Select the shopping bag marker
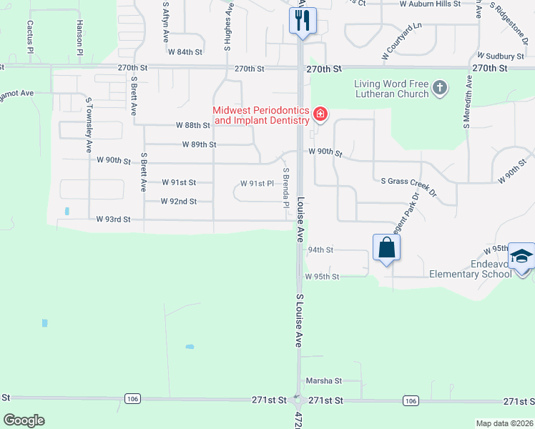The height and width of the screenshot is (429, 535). click(386, 248)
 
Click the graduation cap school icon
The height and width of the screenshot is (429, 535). click(522, 257)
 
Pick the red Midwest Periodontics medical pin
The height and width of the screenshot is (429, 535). click(320, 114)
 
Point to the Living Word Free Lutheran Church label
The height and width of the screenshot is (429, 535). click(391, 89)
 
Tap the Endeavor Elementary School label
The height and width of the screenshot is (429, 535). click(470, 269)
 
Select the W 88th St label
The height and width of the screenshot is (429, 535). click(193, 125)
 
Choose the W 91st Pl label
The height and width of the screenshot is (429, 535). click(257, 184)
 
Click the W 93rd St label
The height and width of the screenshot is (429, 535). click(114, 220)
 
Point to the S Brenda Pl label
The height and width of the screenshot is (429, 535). click(285, 188)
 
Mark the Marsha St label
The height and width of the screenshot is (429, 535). click(324, 381)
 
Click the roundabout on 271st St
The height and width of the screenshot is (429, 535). click(299, 401)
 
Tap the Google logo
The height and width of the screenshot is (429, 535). click(24, 420)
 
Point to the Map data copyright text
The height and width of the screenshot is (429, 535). click(504, 423)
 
